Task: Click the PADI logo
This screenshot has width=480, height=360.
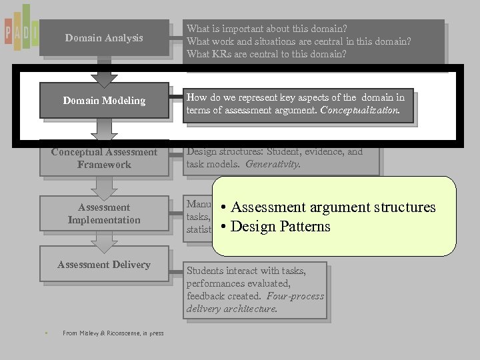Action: coord(20,29)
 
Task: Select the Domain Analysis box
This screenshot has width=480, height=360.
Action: coord(104,38)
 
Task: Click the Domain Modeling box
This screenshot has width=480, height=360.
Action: coord(104,101)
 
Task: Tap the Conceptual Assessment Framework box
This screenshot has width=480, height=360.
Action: coord(104,159)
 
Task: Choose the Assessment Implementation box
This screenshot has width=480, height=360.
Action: coord(104,213)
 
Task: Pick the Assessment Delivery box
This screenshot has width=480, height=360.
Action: coord(104,265)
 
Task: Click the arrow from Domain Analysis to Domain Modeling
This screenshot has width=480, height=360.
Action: coord(104,72)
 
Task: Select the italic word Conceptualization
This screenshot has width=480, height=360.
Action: coord(360,110)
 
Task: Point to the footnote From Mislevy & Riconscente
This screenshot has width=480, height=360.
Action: coord(113,333)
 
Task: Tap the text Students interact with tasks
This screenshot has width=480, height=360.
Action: coord(246,271)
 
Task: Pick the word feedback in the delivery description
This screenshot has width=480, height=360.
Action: coord(206,296)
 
